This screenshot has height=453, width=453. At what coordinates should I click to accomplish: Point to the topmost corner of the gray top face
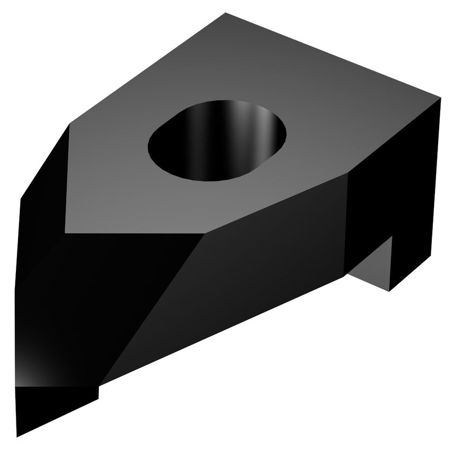225,13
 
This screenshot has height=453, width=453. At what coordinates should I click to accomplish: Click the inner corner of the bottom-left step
99,387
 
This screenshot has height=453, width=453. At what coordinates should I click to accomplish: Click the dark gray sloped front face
249,276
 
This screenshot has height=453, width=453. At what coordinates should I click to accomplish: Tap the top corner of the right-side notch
392,237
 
